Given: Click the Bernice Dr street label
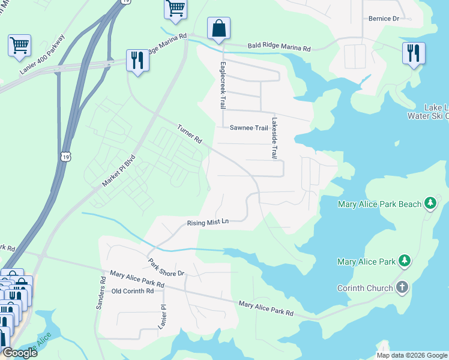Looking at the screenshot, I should pyautogui.click(x=384, y=19).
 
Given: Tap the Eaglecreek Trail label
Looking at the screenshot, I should pyautogui.click(x=223, y=85).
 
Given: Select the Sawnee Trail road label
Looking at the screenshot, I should pyautogui.click(x=249, y=128).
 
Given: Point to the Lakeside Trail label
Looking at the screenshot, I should pyautogui.click(x=274, y=137).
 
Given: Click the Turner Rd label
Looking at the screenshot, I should pyautogui.click(x=189, y=133).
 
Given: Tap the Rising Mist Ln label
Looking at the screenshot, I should pyautogui.click(x=208, y=223).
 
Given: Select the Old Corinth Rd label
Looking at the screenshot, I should pyautogui.click(x=133, y=291).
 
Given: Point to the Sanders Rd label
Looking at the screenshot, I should pyautogui.click(x=101, y=293).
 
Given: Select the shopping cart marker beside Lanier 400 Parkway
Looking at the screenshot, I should pyautogui.click(x=19, y=44).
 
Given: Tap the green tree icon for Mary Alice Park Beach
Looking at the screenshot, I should pyautogui.click(x=430, y=204).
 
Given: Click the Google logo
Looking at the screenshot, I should pyautogui.click(x=19, y=353).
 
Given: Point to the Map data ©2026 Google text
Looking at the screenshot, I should pyautogui.click(x=411, y=355).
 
